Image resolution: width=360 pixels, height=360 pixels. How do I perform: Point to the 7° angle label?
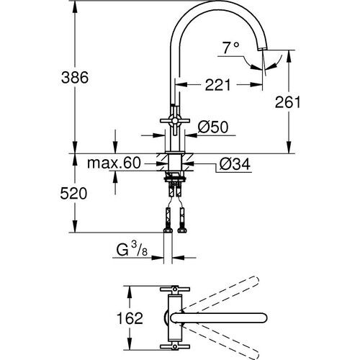(230, 48)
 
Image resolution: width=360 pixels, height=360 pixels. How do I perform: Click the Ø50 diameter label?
(212, 127)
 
